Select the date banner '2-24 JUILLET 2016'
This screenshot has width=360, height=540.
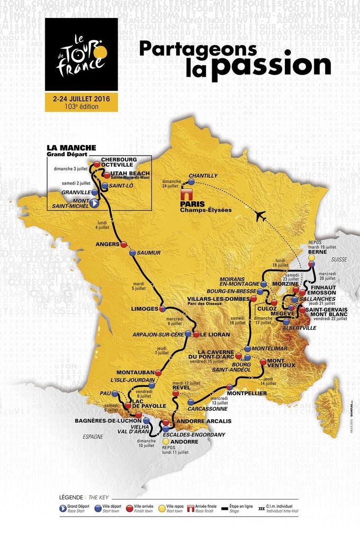(81, 98)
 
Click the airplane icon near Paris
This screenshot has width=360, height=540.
(260, 215)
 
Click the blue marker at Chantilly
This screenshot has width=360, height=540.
(191, 182)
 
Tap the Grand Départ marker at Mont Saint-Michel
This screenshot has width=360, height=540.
(94, 203)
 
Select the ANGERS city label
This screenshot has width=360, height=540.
(109, 245)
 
